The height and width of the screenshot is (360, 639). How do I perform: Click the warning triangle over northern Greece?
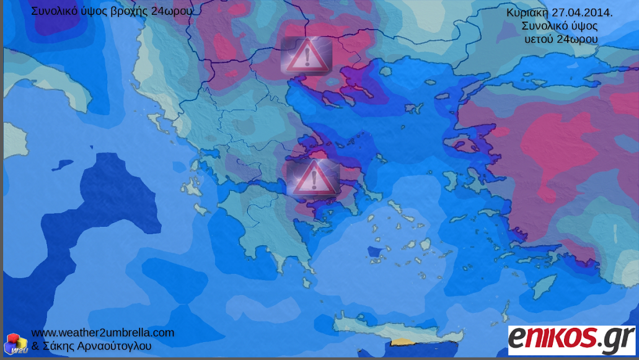tap(306, 56)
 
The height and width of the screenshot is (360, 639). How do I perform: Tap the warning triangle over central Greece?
tap(312, 178)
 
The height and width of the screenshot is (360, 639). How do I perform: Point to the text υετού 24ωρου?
tap(560, 39)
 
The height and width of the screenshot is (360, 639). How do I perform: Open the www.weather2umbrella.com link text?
tap(102, 333)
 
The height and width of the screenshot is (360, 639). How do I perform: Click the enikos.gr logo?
tap(571, 339)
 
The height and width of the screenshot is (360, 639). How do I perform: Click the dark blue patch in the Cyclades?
tap(373, 252)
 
